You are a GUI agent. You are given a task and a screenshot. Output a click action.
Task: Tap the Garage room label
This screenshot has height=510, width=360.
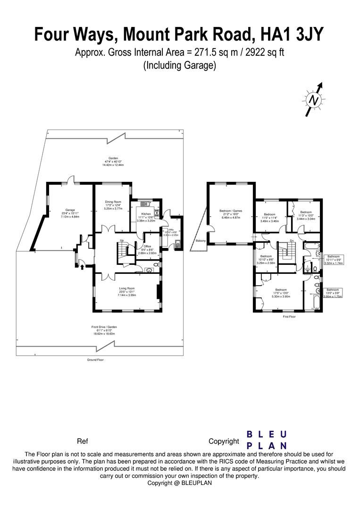tap(64, 213)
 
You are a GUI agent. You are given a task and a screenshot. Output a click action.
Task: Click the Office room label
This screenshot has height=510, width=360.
tap(143, 250)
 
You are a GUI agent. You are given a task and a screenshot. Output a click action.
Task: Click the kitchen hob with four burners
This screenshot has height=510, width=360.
tap(156, 212)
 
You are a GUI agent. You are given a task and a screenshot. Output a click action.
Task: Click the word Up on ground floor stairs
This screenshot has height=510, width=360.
tap(122, 241)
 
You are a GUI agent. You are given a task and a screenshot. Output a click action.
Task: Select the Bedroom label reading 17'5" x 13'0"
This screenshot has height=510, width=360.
tap(281, 293)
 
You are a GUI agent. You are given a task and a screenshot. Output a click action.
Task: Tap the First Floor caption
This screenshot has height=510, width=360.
tap(289, 317)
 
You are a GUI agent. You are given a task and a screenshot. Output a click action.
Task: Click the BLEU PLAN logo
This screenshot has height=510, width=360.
tap(267, 440)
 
